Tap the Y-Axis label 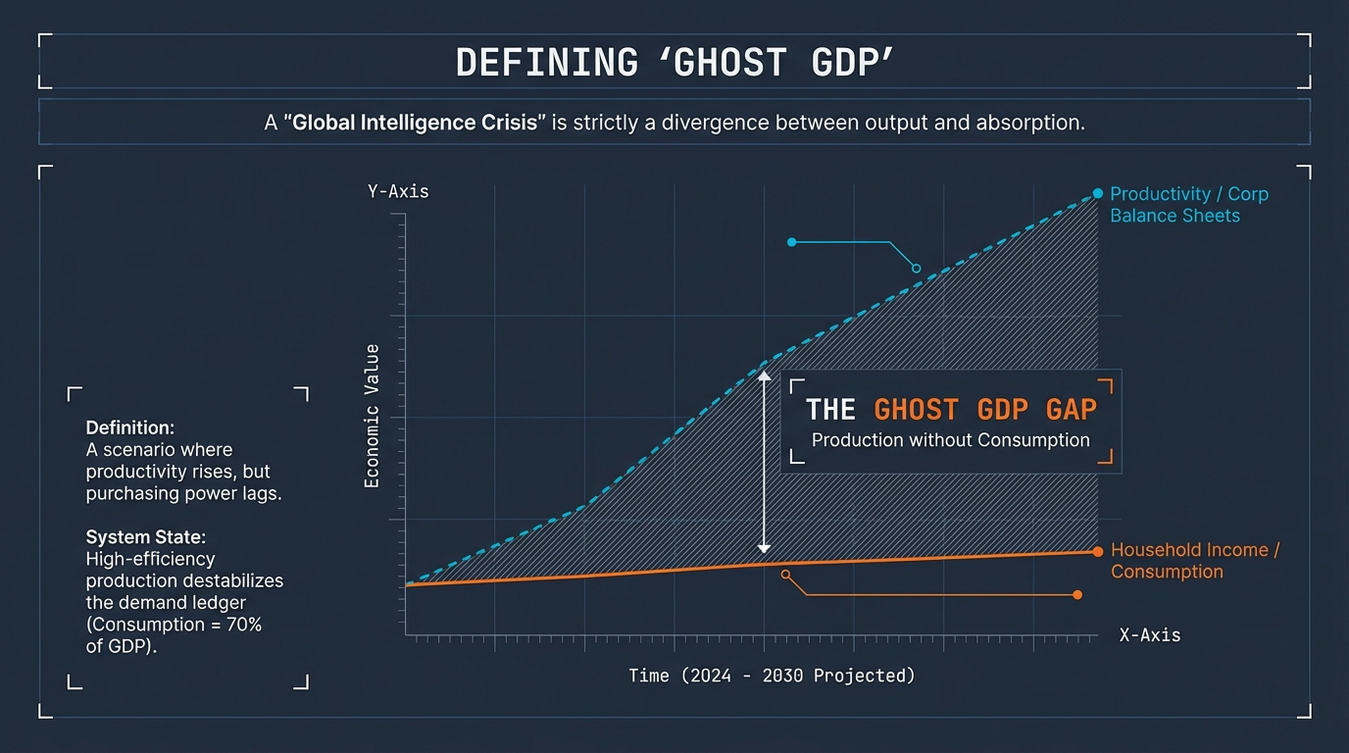398,191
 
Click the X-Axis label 1149,635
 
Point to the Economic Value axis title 373,416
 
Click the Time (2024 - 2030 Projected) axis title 771,676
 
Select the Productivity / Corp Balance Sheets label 1188,205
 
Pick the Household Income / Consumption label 1194,561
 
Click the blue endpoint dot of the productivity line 1098,194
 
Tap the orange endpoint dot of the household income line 1098,551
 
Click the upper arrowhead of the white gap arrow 765,375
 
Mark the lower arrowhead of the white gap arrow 765,549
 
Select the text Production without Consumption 950,440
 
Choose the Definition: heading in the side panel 130,428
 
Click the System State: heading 146,537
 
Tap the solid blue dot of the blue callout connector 791,241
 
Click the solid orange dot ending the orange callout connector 1077,595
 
